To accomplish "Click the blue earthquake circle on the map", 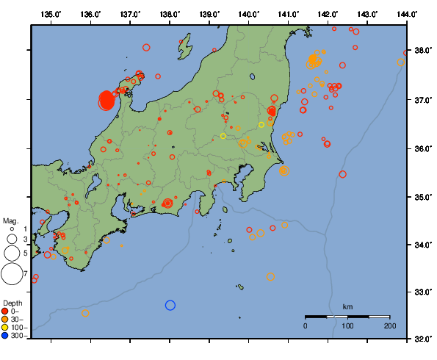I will coord(170,305).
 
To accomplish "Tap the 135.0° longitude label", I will coord(51,14).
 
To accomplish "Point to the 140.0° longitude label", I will coord(249,14).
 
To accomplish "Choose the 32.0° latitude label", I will coord(424,339).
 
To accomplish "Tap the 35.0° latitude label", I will coord(424,196).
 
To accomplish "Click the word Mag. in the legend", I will coord(10,220).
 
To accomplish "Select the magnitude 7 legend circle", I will coord(11,274).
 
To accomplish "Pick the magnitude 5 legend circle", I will coord(11,253).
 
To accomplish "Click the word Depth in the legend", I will coord(12,303).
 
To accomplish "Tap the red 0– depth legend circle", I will coord(6,311).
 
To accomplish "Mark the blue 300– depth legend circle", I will coord(6,336).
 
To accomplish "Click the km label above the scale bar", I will coord(347,306).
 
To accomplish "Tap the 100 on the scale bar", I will coord(347,325).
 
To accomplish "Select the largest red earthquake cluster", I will coord(106,100).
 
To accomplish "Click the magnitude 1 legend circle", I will coord(12,229).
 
